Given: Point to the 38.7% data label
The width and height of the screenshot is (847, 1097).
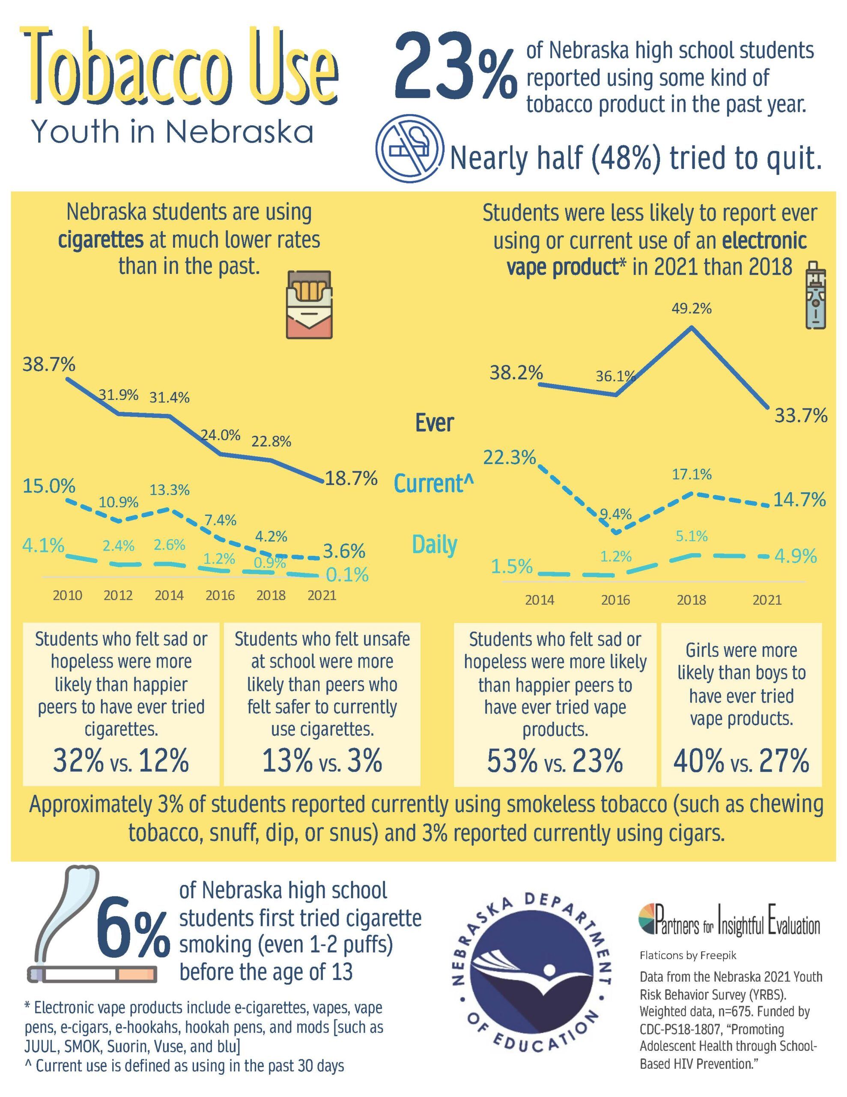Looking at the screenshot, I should [x=49, y=364].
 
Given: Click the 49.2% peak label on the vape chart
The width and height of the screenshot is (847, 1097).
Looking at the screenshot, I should [x=692, y=309].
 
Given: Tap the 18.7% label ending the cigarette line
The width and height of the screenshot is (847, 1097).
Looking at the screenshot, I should [x=351, y=478].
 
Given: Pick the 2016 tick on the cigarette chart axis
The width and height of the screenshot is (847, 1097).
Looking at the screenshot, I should [x=220, y=595].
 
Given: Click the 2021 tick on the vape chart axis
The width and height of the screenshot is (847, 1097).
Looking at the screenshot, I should [x=766, y=600].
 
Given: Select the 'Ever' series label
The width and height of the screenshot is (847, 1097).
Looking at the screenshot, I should [x=434, y=423].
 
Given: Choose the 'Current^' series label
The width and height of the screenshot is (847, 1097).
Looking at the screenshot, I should [x=434, y=483].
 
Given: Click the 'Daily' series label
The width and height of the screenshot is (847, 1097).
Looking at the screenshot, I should [x=434, y=545].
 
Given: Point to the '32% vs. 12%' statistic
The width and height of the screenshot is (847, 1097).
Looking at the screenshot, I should [x=121, y=761].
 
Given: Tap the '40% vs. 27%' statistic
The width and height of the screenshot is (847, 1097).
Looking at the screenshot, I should [x=741, y=761].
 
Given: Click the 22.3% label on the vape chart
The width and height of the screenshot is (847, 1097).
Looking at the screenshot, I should [x=509, y=458].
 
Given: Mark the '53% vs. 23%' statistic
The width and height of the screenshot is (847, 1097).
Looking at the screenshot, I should [x=555, y=761].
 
